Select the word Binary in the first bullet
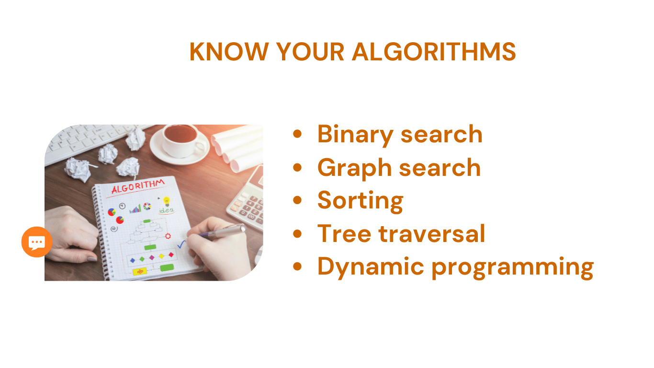[355, 135]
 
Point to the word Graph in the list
[354, 168]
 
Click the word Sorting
[361, 201]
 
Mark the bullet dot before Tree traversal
[297, 233]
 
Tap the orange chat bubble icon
[37, 242]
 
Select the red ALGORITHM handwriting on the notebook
[138, 186]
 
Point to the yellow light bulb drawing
[167, 201]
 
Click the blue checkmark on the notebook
[181, 244]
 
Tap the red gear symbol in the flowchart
[168, 236]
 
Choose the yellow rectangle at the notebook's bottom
[140, 272]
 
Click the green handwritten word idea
[166, 210]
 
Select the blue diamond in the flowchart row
[133, 260]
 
